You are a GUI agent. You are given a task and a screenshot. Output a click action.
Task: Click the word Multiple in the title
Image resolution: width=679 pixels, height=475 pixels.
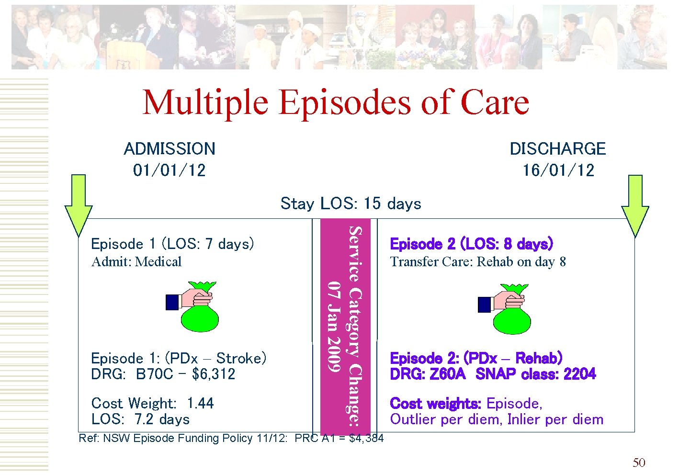(x=205, y=102)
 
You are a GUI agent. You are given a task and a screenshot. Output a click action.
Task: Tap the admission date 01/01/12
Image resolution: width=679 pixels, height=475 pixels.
(x=169, y=170)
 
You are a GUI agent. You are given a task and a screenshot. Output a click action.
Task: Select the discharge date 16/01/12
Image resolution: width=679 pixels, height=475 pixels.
(x=558, y=170)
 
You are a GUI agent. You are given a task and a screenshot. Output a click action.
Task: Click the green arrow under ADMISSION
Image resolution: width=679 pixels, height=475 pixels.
(x=79, y=206)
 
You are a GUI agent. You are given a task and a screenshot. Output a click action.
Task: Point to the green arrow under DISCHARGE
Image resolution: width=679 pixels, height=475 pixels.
(x=635, y=206)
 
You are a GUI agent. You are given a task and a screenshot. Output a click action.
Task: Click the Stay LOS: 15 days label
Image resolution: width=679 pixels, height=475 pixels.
(x=351, y=204)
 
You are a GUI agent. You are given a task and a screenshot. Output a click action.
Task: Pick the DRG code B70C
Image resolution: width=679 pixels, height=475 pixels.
(x=154, y=374)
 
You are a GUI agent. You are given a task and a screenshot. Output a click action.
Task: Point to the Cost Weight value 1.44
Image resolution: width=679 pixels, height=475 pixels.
(x=200, y=403)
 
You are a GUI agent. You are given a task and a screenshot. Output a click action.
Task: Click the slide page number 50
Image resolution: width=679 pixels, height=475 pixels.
(x=639, y=463)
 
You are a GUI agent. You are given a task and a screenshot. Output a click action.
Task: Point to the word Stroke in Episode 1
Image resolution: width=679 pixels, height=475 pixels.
(x=241, y=358)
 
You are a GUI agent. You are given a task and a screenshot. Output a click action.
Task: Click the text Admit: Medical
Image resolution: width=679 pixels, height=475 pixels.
(x=136, y=262)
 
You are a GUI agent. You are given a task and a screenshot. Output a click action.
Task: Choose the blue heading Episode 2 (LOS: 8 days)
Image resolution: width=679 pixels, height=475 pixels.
(x=471, y=244)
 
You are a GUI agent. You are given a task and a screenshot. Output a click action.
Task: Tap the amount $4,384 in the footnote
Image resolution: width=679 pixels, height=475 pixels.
(x=366, y=438)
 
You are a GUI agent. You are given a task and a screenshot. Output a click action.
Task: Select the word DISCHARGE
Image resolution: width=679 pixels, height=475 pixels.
(x=557, y=149)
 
